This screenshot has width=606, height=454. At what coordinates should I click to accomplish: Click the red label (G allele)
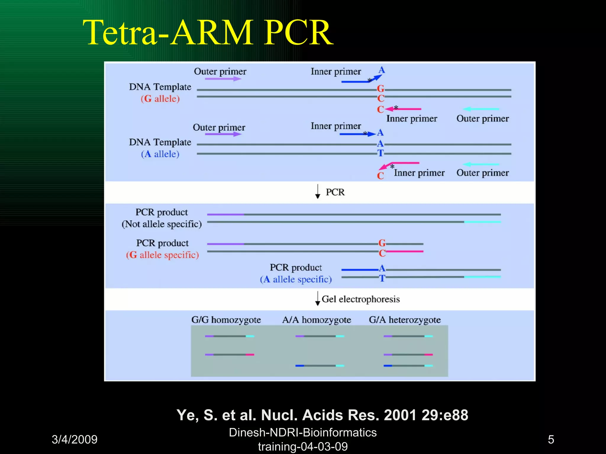click(160, 99)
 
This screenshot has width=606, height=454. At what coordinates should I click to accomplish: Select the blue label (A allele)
click(160, 154)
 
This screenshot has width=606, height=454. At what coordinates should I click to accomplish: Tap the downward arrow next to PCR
click(317, 192)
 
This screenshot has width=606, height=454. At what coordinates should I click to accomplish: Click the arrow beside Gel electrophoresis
click(317, 299)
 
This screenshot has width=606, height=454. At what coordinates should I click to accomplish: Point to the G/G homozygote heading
click(226, 320)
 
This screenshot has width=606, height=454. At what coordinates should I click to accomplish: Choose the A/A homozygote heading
click(316, 320)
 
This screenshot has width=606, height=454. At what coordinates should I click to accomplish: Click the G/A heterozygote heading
click(404, 320)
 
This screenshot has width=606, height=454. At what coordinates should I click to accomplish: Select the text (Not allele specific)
click(162, 224)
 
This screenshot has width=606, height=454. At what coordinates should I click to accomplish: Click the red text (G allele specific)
click(162, 255)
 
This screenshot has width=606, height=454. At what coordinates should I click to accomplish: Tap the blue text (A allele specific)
click(296, 279)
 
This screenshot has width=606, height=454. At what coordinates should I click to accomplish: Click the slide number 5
click(551, 440)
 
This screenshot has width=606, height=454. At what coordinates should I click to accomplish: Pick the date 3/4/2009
click(75, 440)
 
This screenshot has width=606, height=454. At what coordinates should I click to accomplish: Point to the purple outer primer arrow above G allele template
click(223, 79)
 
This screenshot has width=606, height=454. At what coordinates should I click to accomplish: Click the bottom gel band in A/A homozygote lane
click(320, 366)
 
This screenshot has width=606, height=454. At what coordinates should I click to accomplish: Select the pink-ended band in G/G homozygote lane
click(229, 354)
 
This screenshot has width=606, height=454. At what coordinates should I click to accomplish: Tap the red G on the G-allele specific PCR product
click(382, 243)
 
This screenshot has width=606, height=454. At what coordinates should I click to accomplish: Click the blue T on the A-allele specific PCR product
click(382, 278)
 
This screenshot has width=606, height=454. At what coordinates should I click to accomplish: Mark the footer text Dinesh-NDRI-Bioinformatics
click(303, 432)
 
